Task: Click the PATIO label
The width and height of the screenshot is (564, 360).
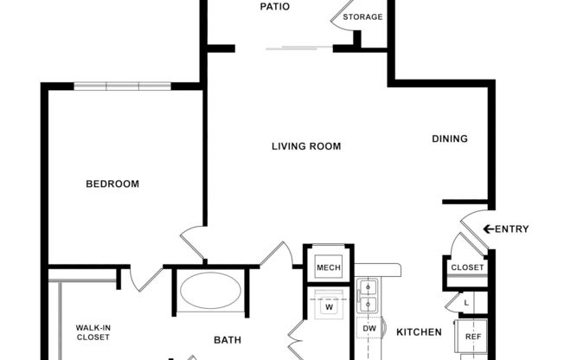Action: (x=275, y=7)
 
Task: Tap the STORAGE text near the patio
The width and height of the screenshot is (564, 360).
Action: (x=362, y=17)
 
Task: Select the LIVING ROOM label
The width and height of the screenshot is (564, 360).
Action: (x=306, y=146)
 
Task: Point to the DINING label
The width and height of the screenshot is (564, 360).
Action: (x=450, y=138)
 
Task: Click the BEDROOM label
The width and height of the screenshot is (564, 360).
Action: (x=112, y=183)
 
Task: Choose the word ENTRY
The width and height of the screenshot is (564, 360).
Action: (x=512, y=229)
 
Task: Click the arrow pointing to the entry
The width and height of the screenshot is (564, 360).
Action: (x=488, y=229)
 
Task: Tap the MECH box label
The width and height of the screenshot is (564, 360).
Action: (x=328, y=268)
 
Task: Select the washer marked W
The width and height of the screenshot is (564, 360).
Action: (x=329, y=306)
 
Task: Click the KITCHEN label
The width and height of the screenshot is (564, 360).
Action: (x=420, y=332)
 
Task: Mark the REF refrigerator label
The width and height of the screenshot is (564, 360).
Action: (x=472, y=337)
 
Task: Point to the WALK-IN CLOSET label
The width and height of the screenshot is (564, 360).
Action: (x=93, y=332)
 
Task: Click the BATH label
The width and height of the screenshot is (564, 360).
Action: (x=228, y=340)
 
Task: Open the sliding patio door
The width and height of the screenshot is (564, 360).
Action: (x=298, y=47)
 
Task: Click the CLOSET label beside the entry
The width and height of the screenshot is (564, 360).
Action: (x=467, y=268)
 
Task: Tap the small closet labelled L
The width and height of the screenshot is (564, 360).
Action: (x=466, y=302)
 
